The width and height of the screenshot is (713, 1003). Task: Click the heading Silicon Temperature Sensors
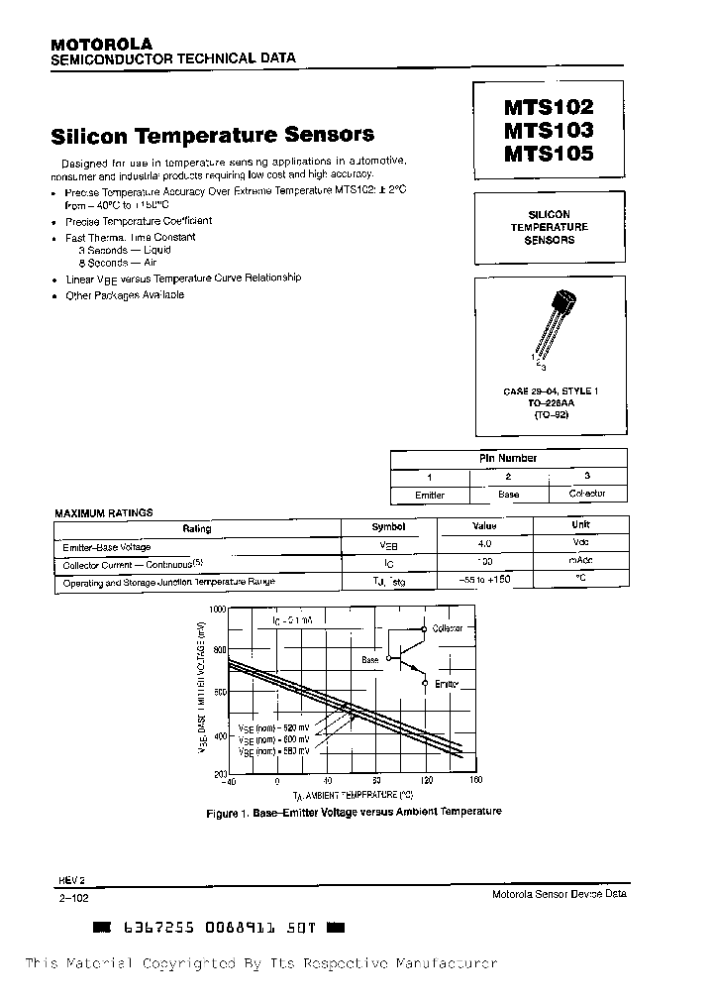pos(212,134)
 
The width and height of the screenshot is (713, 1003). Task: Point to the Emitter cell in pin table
pos(429,494)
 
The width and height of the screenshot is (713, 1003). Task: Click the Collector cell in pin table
pos(586,494)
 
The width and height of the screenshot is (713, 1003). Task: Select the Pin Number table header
pos(508,458)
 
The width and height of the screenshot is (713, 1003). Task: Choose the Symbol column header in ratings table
pos(388,527)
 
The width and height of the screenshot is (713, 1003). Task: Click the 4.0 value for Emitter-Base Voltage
pos(484,544)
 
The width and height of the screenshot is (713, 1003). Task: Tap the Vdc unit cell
pos(579,544)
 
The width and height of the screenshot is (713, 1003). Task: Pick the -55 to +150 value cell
pos(484,579)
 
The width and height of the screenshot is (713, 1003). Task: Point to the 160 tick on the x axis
pos(474,781)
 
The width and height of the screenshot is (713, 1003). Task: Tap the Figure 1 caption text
pos(354,812)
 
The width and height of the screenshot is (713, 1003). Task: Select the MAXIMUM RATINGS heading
pos(103,512)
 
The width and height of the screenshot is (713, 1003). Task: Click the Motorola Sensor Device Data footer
pos(559,894)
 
